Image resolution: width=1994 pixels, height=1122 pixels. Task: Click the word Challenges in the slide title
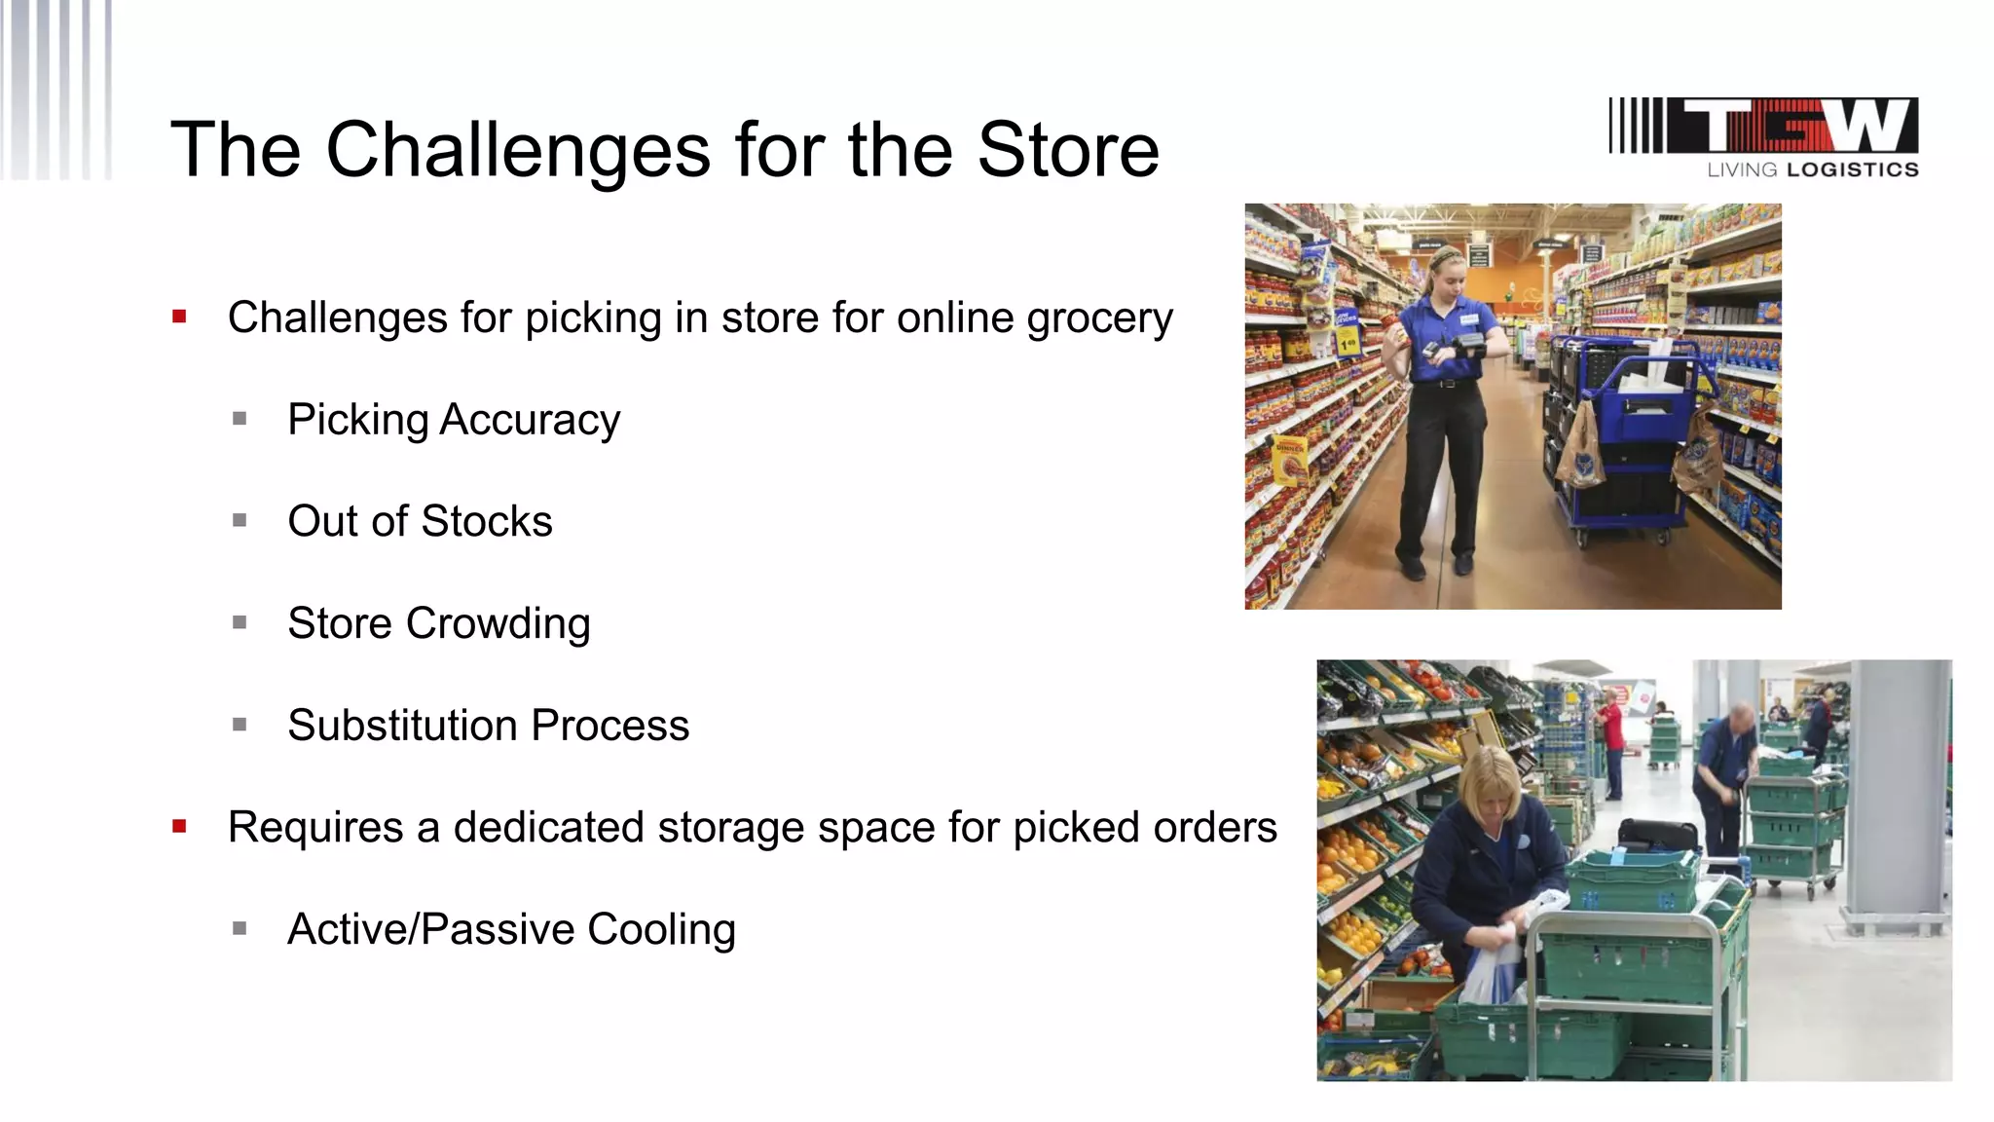pos(517,151)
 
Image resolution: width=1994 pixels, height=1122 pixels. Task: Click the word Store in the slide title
pos(1067,151)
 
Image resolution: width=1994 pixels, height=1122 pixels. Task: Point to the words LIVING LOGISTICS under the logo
pos(1812,169)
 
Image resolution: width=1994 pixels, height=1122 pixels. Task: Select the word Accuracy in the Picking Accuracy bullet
pos(530,421)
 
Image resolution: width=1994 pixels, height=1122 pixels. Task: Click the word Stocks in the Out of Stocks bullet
pos(486,522)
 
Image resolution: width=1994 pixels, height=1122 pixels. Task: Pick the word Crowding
pos(498,624)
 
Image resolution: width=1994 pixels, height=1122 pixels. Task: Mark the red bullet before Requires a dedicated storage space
pos(179,827)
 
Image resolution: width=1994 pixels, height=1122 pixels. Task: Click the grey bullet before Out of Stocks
pos(240,521)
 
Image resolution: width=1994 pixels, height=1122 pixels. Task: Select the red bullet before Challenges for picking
pos(179,317)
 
